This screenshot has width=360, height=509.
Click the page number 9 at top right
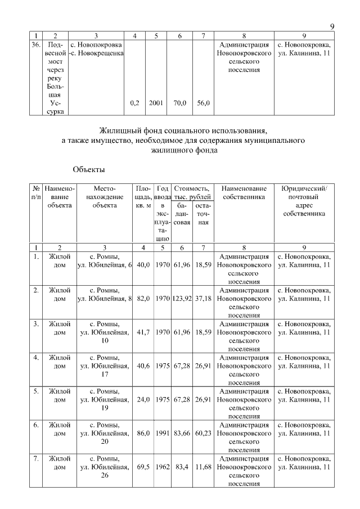tap(332, 26)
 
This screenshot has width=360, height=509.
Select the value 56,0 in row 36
tap(203, 103)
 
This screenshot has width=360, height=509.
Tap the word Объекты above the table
tap(89, 168)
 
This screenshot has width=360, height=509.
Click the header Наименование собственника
tap(244, 193)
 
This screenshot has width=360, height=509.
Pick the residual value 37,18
tap(203, 299)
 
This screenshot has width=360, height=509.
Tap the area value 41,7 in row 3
tap(143, 332)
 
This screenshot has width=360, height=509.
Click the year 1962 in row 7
tap(163, 467)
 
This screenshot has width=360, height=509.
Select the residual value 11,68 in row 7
tap(203, 467)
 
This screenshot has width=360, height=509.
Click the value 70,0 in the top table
tap(180, 103)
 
